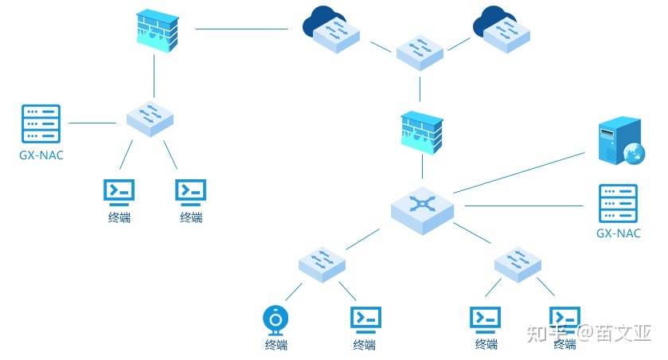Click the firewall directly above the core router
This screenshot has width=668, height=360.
421,131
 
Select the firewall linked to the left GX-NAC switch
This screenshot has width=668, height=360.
154,30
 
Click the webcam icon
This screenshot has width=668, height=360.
275,320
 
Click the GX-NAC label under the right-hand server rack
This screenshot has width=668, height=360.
618,233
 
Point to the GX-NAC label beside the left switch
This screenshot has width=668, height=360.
41,155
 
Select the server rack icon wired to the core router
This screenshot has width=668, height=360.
618,204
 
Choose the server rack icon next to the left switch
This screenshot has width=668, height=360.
41,123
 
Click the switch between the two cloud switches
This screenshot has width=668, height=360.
420,52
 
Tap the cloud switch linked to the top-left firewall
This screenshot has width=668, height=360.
330,30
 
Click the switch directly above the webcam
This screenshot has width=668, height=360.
322,262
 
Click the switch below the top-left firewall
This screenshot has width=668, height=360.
150,118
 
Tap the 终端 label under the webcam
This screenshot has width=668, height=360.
276,345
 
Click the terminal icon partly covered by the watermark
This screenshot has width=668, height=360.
564,319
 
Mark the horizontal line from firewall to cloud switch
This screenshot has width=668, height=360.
241,29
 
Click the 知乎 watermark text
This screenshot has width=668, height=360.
547,333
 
